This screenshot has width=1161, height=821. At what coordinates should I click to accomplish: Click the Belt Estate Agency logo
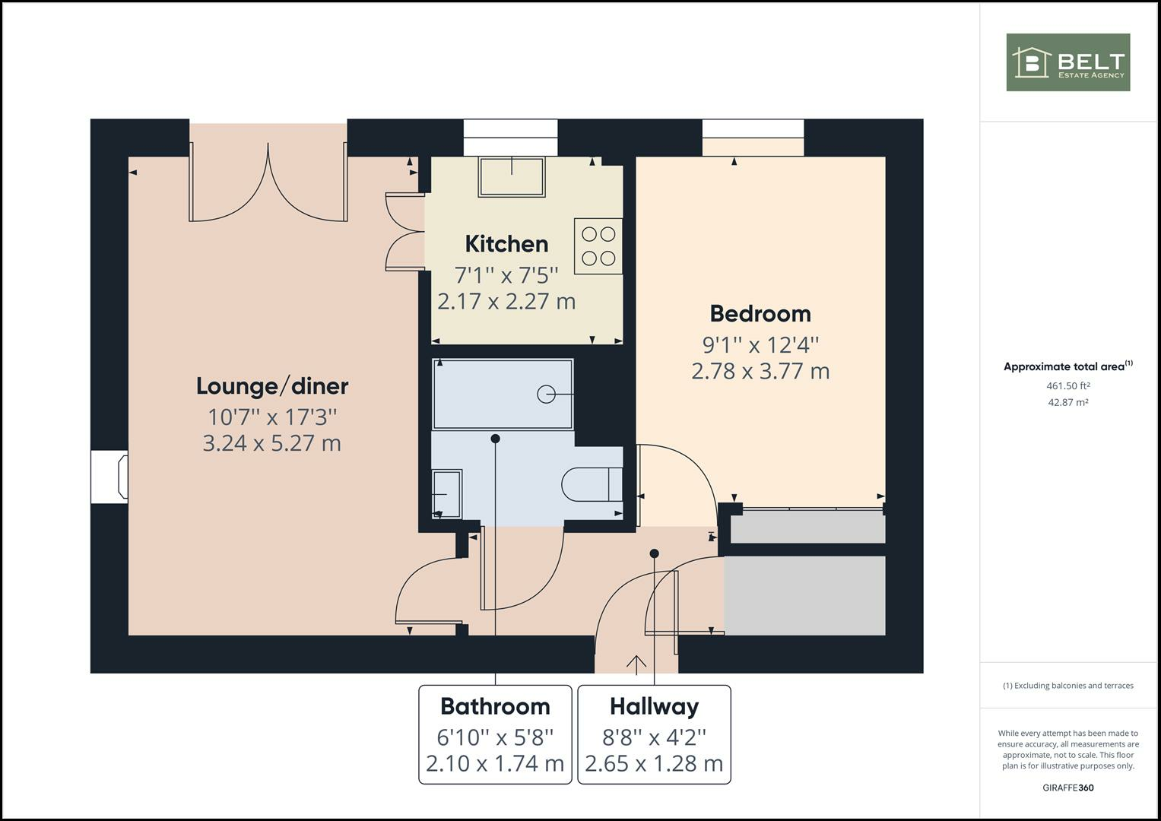(1067, 62)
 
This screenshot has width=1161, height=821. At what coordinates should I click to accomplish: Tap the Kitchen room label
(506, 244)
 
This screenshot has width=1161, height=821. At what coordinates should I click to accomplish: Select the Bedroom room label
(760, 313)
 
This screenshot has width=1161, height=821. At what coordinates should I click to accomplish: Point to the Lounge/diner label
(272, 386)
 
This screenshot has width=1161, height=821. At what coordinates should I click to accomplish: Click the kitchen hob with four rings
(598, 246)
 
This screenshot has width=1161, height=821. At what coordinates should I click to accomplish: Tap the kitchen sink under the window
(512, 176)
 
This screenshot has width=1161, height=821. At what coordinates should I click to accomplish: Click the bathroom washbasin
(447, 494)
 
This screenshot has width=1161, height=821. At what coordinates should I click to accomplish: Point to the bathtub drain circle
(546, 394)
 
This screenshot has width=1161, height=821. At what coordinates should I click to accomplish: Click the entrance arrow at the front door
(636, 663)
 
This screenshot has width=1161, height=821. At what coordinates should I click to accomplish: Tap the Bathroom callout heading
(495, 706)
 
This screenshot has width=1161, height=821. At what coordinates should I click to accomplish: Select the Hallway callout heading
(654, 706)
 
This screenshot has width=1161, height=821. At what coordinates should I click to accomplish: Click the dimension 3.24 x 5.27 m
(271, 442)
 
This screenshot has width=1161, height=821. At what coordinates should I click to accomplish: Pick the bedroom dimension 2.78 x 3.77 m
(760, 371)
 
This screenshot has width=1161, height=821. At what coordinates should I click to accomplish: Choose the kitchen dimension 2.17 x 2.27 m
(506, 301)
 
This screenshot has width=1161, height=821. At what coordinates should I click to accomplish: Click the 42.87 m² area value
(1067, 402)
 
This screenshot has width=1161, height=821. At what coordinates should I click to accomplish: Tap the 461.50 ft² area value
(1067, 385)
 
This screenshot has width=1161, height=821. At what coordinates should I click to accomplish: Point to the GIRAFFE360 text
(1067, 788)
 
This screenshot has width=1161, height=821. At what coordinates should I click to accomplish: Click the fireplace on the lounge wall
(110, 477)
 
